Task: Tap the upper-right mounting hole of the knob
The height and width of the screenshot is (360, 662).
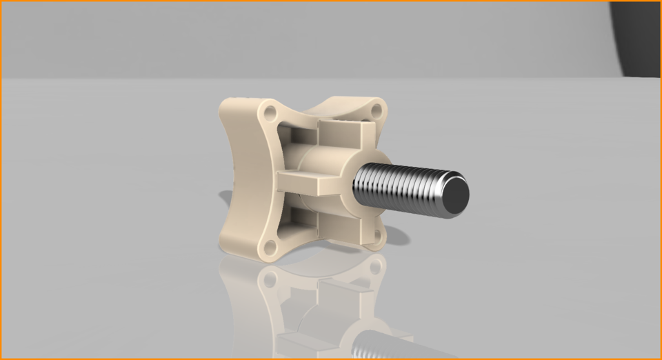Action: click(376, 110)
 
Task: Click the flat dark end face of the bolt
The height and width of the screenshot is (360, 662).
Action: click(453, 193)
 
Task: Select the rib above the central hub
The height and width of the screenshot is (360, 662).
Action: click(343, 128)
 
